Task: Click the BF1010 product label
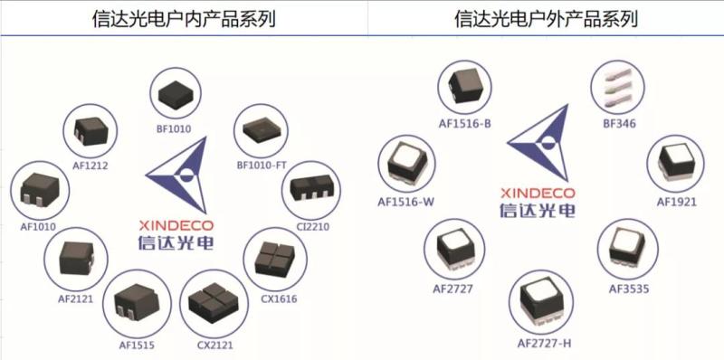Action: [x=175, y=128]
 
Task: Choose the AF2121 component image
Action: [x=75, y=258]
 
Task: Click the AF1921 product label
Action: [x=676, y=202]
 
